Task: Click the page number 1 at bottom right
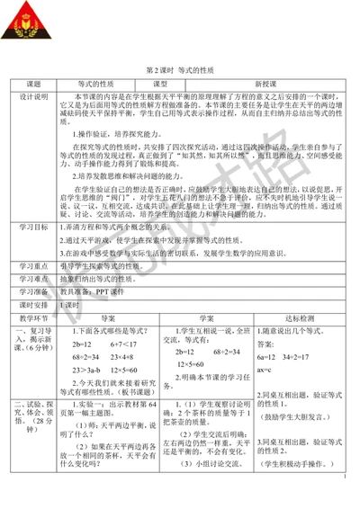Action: click(x=345, y=490)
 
